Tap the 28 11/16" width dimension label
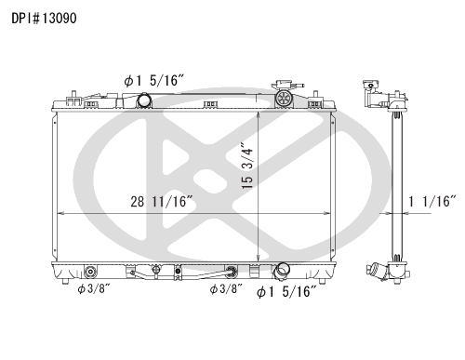coord(163,200)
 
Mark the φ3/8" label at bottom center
coord(227,289)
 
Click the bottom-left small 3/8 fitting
coord(90,273)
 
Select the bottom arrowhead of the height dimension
coord(258,260)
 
